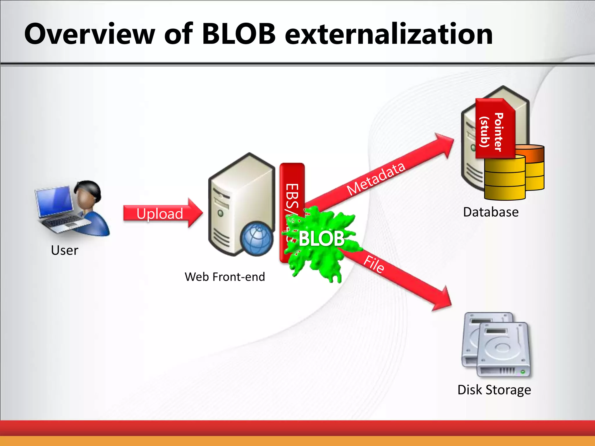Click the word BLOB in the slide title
238,34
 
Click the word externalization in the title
388,34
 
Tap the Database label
491,212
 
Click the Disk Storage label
494,390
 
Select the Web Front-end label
225,277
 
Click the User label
64,250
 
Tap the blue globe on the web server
257,239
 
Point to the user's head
87,193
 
